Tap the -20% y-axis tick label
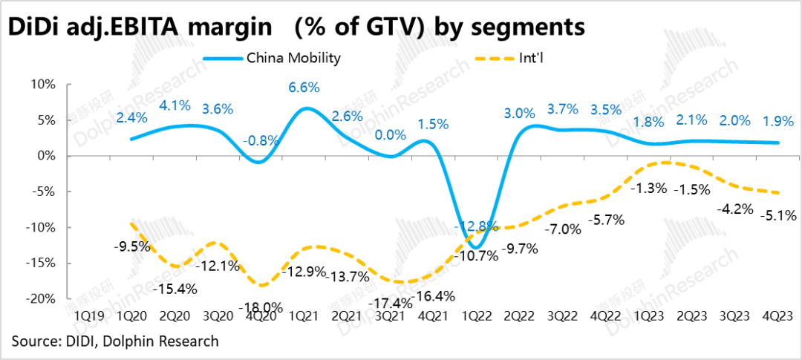[x=39, y=298]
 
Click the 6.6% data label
[x=304, y=88]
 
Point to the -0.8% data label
[x=261, y=141]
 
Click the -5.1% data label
[x=776, y=217]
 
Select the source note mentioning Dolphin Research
[x=115, y=341]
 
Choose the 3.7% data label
[x=562, y=110]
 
